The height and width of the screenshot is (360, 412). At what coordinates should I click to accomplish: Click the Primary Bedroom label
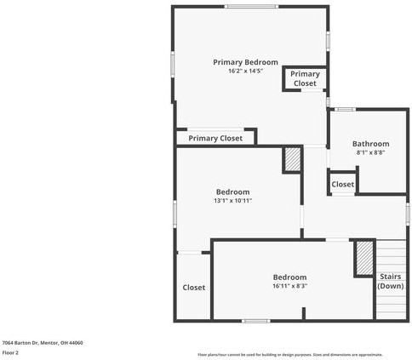(x=245, y=62)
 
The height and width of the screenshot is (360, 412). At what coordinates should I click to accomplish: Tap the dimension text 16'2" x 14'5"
(x=245, y=71)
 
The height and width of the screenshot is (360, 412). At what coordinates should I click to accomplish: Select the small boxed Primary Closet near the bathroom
(x=305, y=79)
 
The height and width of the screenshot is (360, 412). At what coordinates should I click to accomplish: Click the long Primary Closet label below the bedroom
(x=215, y=138)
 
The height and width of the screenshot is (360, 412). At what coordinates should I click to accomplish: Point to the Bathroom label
(x=370, y=144)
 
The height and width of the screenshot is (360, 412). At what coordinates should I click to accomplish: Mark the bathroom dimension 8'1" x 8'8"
(x=370, y=153)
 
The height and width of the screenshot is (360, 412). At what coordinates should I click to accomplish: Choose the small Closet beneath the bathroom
(x=342, y=184)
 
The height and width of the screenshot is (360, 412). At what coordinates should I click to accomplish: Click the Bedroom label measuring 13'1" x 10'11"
(x=232, y=191)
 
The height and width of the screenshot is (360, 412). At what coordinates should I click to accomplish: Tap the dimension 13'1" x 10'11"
(x=232, y=201)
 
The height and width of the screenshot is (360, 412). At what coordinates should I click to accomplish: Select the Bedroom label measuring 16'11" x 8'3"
(x=289, y=277)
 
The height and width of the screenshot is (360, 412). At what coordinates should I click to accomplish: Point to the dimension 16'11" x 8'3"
(x=289, y=286)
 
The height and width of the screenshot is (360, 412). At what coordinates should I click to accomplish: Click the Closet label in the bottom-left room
(x=193, y=288)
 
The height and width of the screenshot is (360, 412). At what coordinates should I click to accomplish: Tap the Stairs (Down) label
(x=390, y=281)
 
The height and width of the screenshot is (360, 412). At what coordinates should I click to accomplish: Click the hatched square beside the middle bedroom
(x=292, y=159)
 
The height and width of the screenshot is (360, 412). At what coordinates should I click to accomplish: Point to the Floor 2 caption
(x=10, y=352)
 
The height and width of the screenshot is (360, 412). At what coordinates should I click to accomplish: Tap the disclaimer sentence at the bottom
(x=290, y=354)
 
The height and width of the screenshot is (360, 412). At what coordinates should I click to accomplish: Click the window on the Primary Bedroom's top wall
(x=251, y=7)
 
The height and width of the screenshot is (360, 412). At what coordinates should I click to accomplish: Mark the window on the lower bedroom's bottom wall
(x=255, y=321)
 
